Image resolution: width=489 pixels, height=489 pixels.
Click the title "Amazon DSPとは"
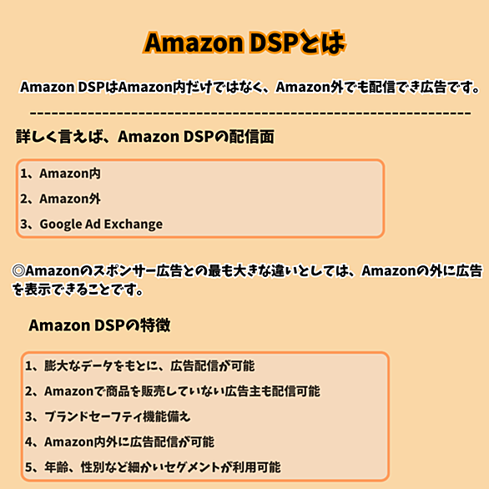click(x=244, y=43)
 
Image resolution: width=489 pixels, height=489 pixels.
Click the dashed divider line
click(x=250, y=113)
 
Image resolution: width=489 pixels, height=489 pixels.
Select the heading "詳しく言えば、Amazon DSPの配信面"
click(x=145, y=137)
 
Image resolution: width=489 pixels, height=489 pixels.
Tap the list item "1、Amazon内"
click(x=61, y=174)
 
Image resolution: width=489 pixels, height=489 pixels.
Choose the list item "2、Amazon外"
click(x=61, y=199)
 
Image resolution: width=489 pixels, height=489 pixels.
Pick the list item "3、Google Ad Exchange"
click(x=92, y=224)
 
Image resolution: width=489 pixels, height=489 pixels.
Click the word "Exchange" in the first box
click(x=134, y=224)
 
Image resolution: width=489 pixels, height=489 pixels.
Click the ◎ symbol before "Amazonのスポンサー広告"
click(x=18, y=270)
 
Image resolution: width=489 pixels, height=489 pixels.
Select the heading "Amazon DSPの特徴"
click(x=99, y=325)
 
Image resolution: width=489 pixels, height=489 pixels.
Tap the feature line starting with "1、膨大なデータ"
click(x=139, y=365)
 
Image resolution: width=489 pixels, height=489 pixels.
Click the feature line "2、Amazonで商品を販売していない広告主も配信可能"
click(x=173, y=391)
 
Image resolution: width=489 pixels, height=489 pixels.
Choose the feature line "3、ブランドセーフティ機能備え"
click(x=108, y=416)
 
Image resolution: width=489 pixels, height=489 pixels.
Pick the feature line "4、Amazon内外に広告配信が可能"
click(x=120, y=441)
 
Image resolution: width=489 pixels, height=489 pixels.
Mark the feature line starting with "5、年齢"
click(x=153, y=467)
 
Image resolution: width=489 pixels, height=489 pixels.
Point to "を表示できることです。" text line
click(x=78, y=290)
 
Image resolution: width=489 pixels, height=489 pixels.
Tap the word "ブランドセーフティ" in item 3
click(x=93, y=416)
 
